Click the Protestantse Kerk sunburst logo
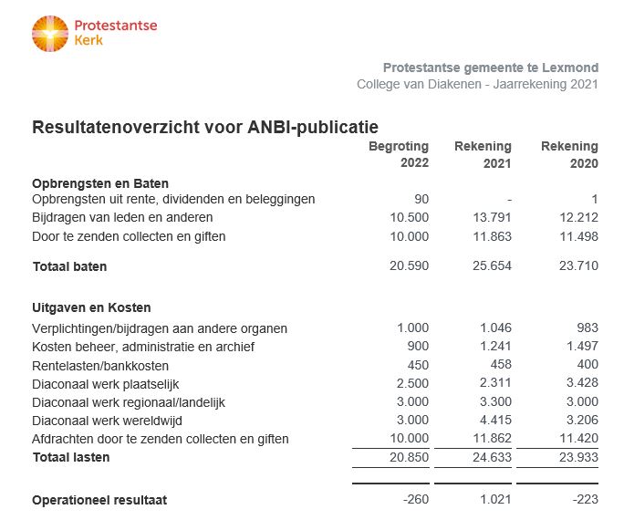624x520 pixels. click(50, 34)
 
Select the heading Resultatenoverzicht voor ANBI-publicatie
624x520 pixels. click(205, 128)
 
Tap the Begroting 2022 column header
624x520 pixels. click(399, 154)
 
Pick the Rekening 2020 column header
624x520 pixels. click(569, 154)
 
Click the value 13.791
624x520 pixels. click(492, 218)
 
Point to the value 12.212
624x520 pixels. click(578, 218)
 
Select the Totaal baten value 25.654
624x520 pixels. click(492, 265)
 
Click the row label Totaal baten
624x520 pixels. click(69, 266)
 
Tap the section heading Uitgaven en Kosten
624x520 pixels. click(91, 307)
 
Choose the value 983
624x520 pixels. click(588, 328)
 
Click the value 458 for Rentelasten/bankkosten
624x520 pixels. click(501, 364)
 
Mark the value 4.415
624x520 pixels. click(495, 421)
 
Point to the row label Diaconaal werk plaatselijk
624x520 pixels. click(106, 384)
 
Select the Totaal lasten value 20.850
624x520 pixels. click(409, 458)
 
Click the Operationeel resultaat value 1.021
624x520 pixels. click(495, 500)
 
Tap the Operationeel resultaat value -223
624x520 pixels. click(586, 500)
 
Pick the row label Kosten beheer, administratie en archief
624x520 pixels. click(143, 347)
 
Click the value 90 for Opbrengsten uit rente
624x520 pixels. click(421, 199)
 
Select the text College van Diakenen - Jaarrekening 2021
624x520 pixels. click(477, 84)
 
